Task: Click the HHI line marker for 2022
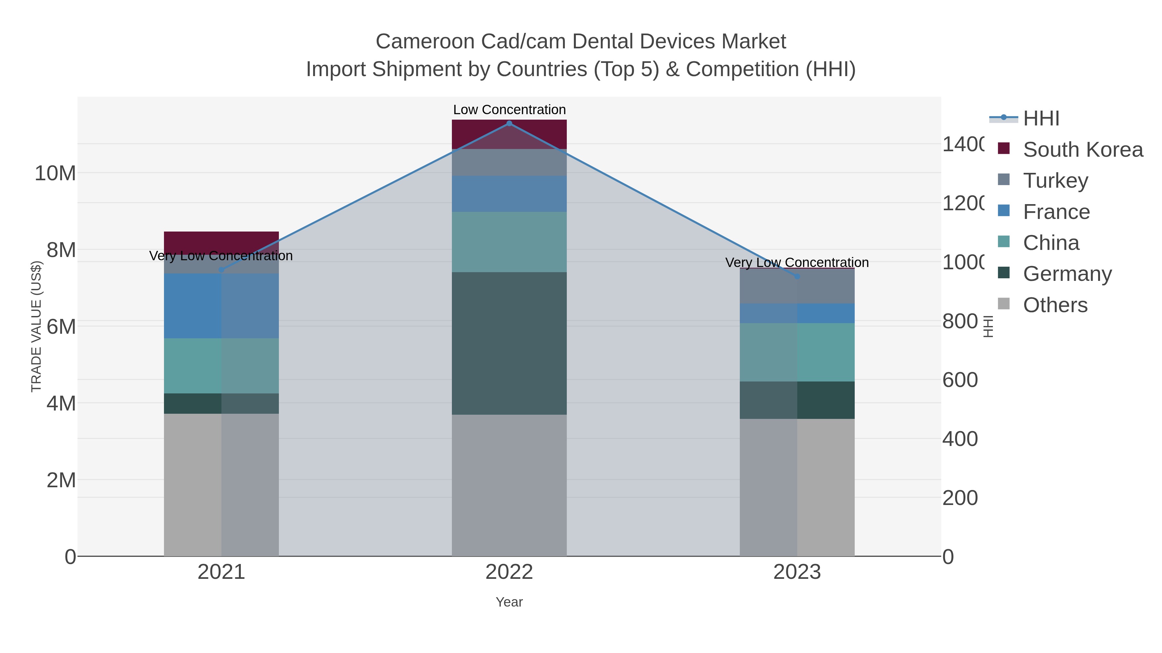(509, 124)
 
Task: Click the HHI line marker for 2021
(221, 270)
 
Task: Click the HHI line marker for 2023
(797, 276)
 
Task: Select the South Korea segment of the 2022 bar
(509, 134)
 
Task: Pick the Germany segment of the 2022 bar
(509, 343)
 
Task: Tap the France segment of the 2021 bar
(221, 306)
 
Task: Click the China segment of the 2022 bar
(509, 242)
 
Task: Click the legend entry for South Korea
(1083, 150)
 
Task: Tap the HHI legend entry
(1041, 119)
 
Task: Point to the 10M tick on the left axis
(55, 173)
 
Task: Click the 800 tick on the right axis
(960, 322)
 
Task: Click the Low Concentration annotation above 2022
(509, 110)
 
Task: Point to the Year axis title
(509, 602)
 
